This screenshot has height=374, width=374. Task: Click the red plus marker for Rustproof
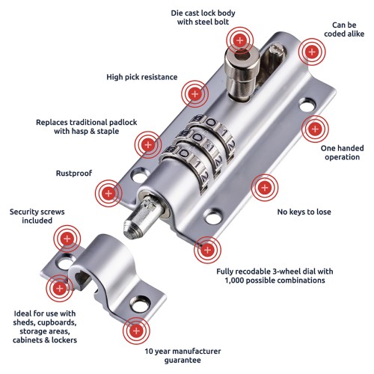coord(108,193)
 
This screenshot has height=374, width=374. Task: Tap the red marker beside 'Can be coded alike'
coord(312,52)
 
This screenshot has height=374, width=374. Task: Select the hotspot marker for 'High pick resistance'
coord(194,94)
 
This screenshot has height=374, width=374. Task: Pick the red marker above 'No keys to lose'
coord(265,188)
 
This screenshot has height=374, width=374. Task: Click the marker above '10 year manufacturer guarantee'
coord(136,331)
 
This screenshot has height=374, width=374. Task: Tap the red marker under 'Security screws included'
coord(67,239)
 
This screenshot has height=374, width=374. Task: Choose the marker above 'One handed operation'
coord(315,129)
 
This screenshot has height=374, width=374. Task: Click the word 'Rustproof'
coord(74,174)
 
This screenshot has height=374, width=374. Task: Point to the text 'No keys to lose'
coord(304,212)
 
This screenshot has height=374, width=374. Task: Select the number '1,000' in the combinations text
coord(235,280)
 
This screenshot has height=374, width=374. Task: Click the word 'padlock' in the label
coord(123,123)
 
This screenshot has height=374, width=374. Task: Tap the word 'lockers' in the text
coord(64,340)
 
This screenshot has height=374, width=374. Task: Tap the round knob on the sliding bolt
coord(242,73)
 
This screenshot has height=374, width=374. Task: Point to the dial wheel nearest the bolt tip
coord(186,167)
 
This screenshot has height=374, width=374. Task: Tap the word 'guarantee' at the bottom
coord(183,361)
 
